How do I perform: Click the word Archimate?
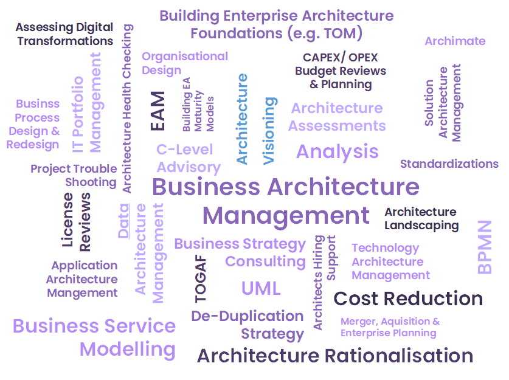tap(455, 41)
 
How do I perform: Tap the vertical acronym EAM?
tap(158, 111)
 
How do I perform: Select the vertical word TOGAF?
tap(201, 279)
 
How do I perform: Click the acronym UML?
tap(261, 288)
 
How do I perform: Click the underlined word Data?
tap(123, 220)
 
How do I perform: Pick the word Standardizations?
tap(449, 164)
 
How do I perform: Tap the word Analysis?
tap(337, 151)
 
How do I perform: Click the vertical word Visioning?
tap(269, 130)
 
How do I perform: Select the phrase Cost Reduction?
tap(408, 299)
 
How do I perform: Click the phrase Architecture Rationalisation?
tap(335, 356)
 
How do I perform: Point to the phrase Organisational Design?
tap(184, 63)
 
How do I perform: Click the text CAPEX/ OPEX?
tap(341, 58)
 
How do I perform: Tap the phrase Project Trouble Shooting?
tap(74, 175)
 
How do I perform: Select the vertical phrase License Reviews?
tap(77, 221)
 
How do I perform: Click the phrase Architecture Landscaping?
tap(421, 218)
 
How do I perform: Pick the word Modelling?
tap(128, 350)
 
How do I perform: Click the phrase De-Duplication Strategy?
tap(248, 325)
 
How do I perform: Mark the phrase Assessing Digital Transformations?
tap(64, 34)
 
